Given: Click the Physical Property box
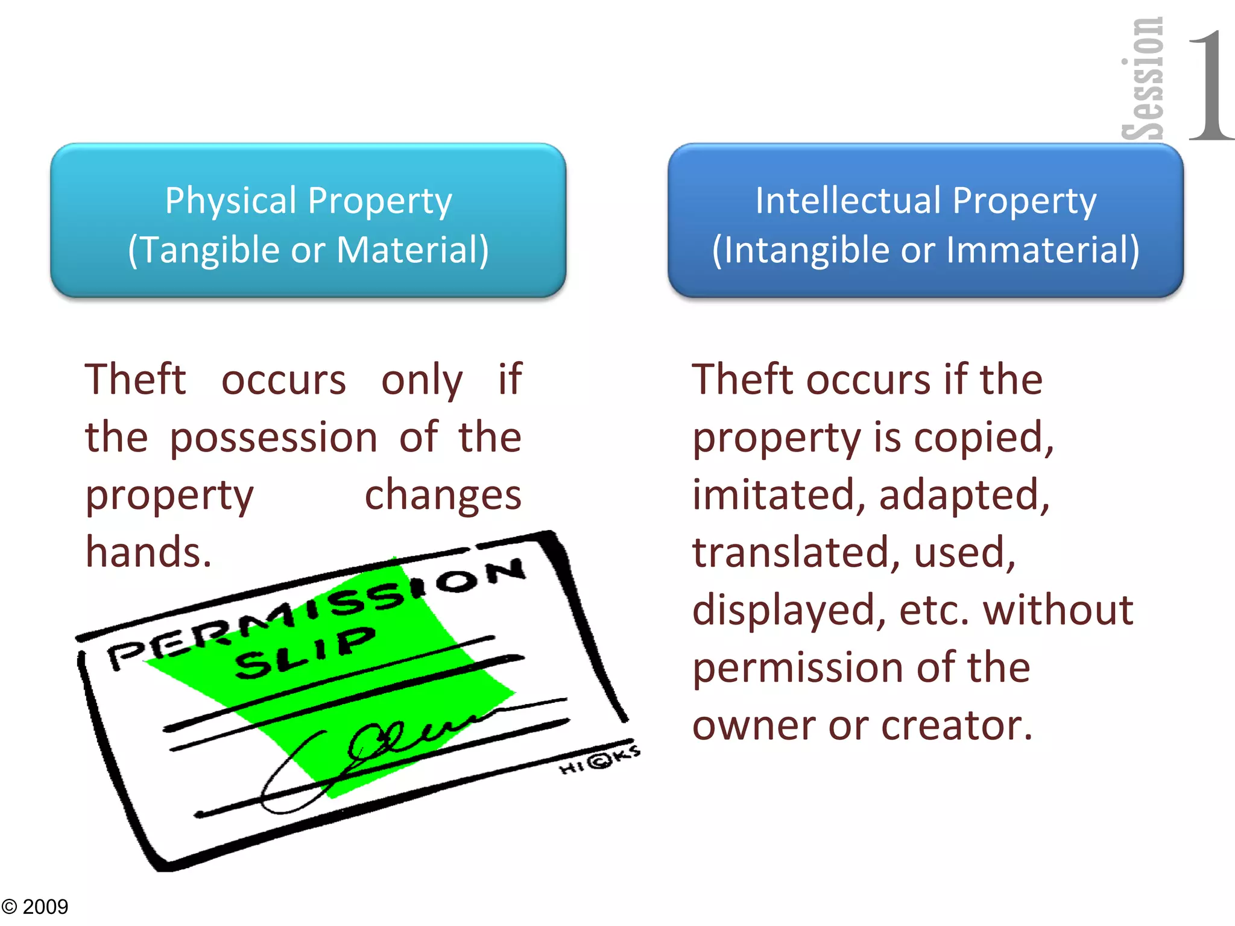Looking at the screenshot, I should pos(308,221).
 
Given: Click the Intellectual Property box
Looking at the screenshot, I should pos(926,221).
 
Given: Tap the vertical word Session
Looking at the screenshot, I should pos(1142,78).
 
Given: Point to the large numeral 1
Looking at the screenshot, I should pos(1210,84).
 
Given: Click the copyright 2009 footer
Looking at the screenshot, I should pos(35,906).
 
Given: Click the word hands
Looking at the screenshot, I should pos(148,552).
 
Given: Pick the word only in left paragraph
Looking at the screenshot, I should pos(422,380).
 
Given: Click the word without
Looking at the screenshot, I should pos(1058,609).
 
